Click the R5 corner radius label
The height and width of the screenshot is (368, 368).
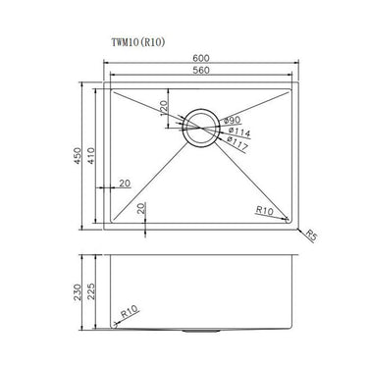point(310,236)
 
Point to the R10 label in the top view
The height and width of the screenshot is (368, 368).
point(264,210)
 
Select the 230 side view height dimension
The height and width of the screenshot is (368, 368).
point(80,290)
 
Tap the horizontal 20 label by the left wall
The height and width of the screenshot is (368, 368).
point(124,184)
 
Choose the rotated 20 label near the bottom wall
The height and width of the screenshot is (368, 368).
point(142,208)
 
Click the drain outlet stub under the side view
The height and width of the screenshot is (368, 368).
point(205,333)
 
